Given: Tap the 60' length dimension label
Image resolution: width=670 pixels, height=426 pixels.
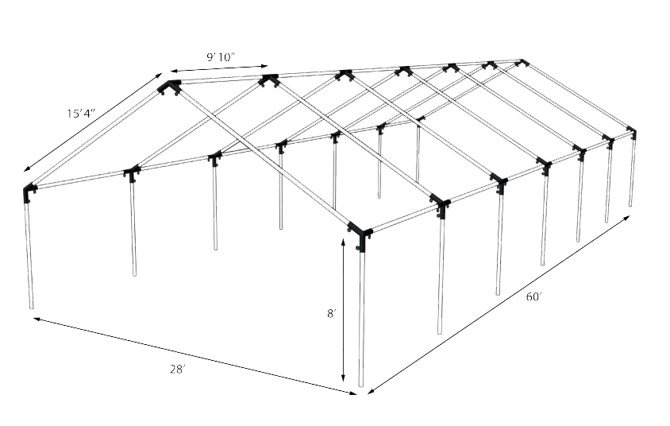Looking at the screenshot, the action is click(x=533, y=296).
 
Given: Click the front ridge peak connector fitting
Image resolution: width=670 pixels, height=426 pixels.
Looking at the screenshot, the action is click(x=169, y=87).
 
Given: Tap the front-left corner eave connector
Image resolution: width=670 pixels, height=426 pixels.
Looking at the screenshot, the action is click(x=30, y=192).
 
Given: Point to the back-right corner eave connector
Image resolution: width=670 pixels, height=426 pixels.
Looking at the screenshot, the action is click(x=632, y=131).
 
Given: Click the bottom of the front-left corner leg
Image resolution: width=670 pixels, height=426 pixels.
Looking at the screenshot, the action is click(x=32, y=306).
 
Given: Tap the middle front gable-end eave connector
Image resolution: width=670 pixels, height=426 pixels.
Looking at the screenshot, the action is click(x=131, y=172).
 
